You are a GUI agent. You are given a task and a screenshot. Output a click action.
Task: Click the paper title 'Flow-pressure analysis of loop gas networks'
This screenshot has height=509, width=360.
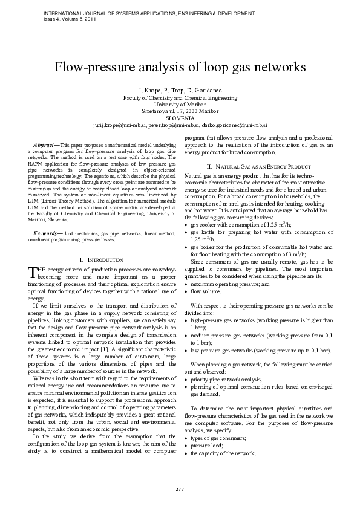pos(180,66)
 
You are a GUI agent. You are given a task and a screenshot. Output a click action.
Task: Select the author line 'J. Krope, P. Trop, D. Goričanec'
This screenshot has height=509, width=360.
pos(180,89)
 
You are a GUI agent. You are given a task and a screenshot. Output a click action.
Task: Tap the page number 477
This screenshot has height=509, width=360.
pos(180,488)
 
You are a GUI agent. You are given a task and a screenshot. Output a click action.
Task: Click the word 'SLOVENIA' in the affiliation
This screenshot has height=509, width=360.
pos(180,118)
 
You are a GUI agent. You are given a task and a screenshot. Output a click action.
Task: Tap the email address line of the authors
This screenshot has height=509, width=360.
pos(180,125)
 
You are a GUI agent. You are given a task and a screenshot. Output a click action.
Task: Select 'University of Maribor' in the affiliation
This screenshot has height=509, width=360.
pos(180,104)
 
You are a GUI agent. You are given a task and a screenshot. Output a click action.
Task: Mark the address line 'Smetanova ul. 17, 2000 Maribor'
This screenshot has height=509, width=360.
pos(180,111)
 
